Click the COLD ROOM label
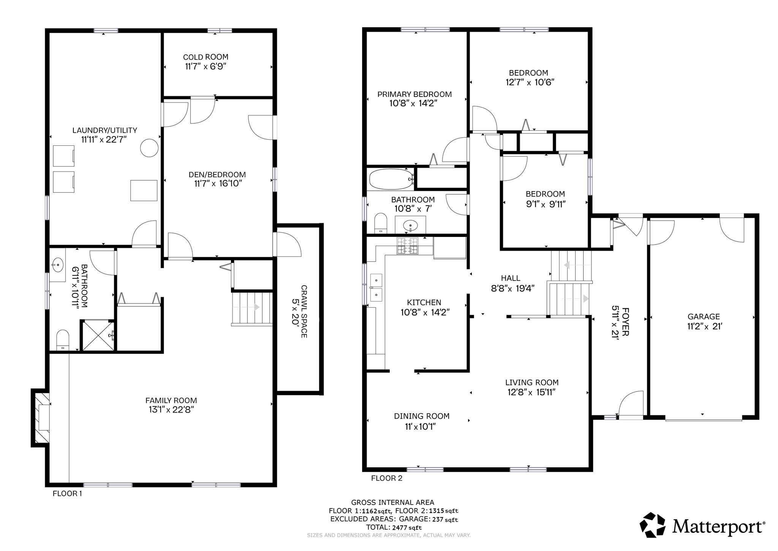coord(206,57)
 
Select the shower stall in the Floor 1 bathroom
coord(98,335)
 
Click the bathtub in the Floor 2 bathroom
coord(391,179)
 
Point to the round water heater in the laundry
coord(149,148)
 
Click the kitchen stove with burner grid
coord(407,246)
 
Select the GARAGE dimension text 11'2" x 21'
coord(704,326)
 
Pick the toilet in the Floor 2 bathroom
coord(380,223)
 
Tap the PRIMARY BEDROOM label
coord(414,94)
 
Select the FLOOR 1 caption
coord(67,494)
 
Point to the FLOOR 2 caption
coord(387,478)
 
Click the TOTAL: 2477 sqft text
coord(394,527)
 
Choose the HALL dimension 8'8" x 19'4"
coord(513,288)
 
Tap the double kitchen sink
coord(375,287)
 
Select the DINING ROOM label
coord(422,416)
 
